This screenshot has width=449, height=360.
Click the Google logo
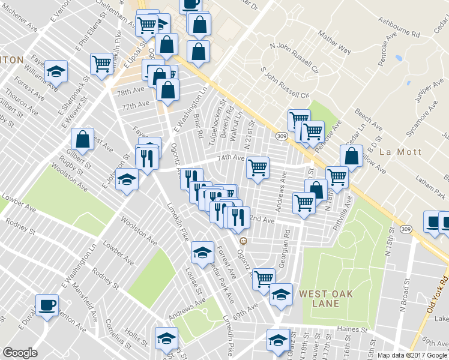[20, 353]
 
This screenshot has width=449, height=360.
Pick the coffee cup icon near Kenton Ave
[47, 304]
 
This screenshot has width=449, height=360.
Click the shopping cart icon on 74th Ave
[258, 167]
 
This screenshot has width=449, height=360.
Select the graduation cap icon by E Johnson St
[127, 179]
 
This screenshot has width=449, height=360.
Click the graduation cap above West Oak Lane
[281, 294]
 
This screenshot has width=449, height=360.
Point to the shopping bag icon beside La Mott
[351, 156]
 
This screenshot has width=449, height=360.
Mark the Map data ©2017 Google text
[412, 355]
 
